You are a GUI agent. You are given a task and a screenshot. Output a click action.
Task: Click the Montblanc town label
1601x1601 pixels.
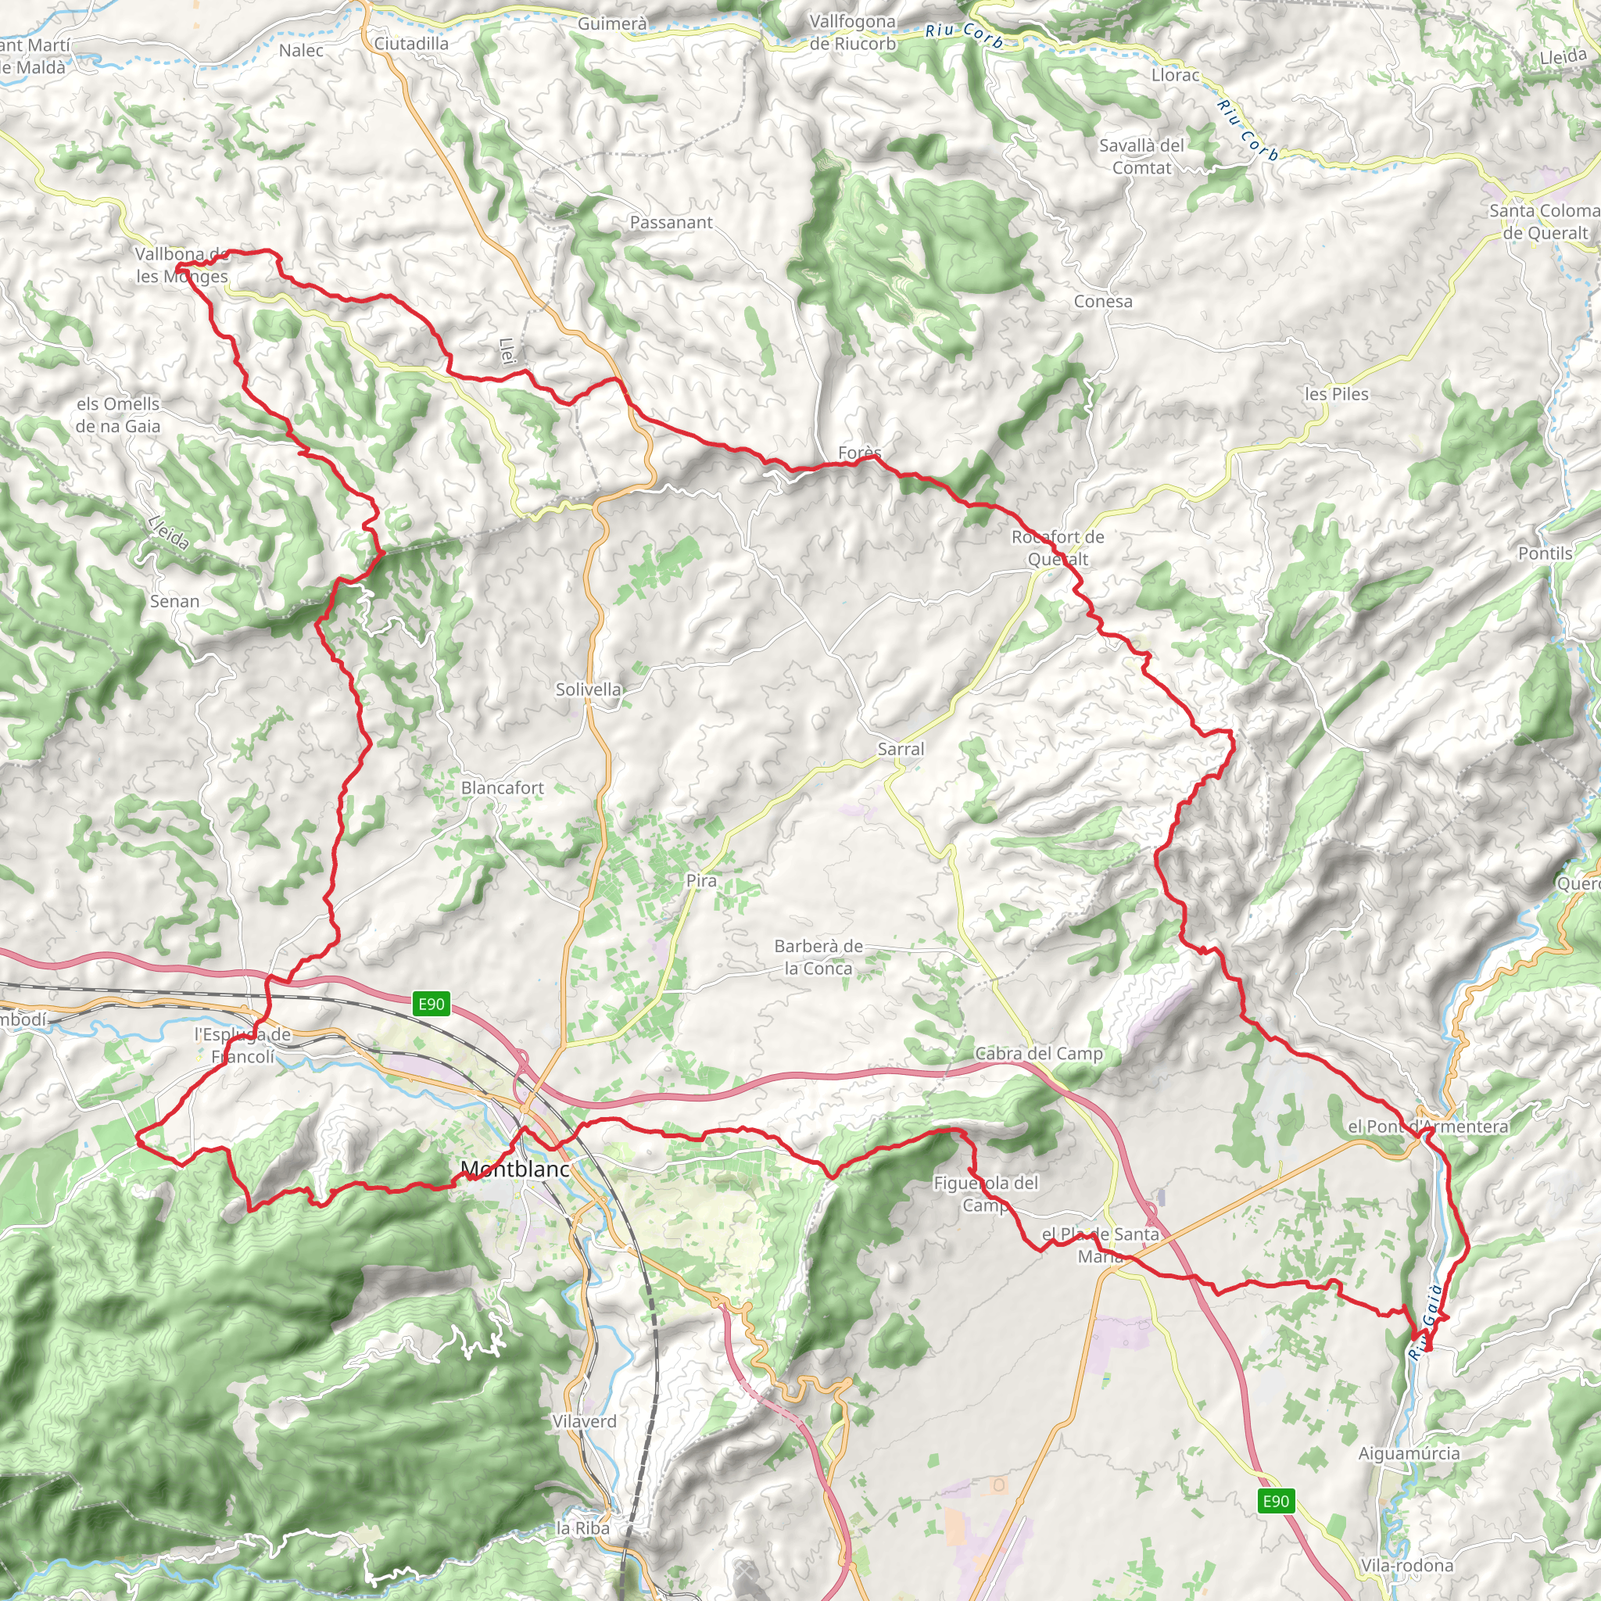coord(514,1169)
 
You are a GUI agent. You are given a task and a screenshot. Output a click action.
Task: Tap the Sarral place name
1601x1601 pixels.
coord(900,749)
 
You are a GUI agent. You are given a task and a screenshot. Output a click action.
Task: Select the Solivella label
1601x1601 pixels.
coord(589,689)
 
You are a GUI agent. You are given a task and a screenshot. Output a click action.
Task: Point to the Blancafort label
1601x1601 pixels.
coord(502,788)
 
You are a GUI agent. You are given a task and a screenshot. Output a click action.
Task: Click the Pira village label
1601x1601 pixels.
coord(701,881)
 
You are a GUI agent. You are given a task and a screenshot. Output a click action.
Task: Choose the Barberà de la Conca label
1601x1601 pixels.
coord(818,957)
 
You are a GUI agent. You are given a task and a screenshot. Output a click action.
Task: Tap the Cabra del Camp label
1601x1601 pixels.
coord(1038,1054)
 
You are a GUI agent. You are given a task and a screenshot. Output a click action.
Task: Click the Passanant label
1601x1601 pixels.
coord(672,222)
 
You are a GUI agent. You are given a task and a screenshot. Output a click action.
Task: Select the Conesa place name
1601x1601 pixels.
coord(1103,302)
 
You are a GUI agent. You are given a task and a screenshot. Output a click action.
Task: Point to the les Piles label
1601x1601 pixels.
coord(1337,395)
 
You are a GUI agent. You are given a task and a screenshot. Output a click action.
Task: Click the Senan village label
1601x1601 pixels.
coord(175,602)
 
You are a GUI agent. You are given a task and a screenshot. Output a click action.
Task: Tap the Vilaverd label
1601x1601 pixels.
coord(584,1421)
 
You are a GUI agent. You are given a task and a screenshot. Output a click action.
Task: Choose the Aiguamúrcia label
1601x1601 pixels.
coord(1409,1452)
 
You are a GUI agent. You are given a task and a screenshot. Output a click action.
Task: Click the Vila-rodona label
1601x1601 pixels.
coord(1406,1565)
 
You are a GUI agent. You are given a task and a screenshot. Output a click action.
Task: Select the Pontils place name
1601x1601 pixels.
coord(1545,553)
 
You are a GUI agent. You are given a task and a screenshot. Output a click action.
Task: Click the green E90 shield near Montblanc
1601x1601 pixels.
coord(431,1005)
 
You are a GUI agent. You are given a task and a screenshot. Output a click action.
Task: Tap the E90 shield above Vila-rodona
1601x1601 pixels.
coord(1275,1501)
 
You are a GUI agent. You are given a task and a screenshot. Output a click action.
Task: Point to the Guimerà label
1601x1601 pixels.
coord(612,24)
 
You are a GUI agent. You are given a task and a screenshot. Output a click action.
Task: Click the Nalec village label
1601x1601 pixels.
coord(301,51)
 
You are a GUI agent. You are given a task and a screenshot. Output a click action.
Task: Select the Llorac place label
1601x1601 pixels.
coord(1175,75)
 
